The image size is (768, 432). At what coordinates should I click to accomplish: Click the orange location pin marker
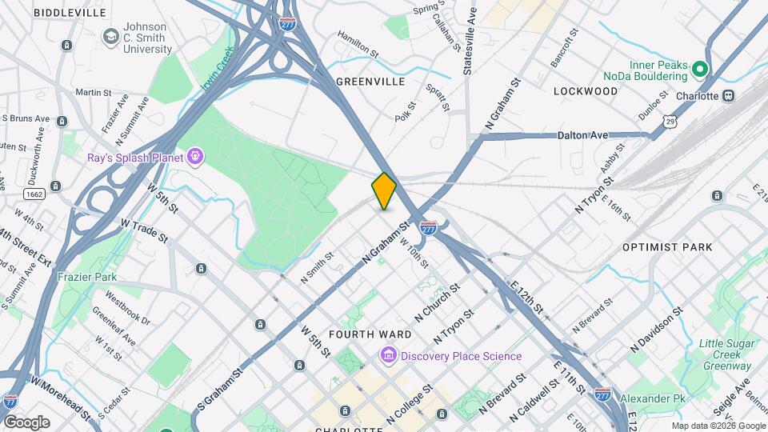tap(384, 190)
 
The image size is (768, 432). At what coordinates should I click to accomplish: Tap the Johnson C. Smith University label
tap(147, 37)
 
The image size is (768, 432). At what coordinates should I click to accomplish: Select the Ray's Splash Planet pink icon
tap(194, 156)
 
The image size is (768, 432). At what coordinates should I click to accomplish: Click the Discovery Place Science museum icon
tap(389, 355)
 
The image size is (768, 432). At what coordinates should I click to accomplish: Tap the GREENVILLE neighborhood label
tap(370, 82)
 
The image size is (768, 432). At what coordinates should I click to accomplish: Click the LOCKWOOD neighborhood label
tap(586, 91)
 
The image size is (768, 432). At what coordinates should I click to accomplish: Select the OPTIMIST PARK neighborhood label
tap(667, 247)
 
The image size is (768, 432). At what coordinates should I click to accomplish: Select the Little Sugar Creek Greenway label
tap(726, 354)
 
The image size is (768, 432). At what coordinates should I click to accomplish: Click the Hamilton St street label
tap(358, 45)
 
